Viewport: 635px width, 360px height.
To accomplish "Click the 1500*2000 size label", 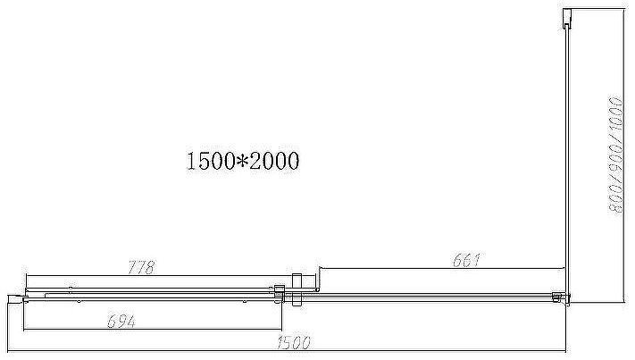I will tap(241, 162).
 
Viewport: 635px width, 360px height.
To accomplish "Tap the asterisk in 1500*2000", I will tap(241, 162).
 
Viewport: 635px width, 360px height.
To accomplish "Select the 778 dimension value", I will tap(141, 267).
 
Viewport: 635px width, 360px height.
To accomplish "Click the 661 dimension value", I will tap(466, 262).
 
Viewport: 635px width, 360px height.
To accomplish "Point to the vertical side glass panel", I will tap(567, 161).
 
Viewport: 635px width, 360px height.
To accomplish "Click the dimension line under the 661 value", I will tap(442, 267).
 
